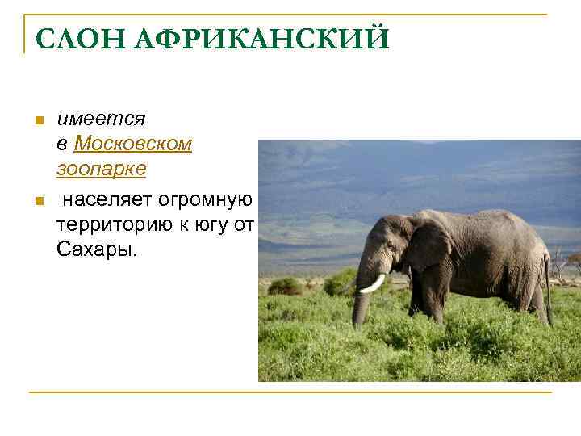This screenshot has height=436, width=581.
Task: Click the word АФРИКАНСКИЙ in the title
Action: pos(256,38)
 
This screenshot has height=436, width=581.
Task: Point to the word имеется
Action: pos(101,119)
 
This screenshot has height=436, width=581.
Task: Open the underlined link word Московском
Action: pos(133,145)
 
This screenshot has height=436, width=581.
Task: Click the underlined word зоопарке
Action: pos(101,170)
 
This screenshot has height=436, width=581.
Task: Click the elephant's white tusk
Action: pos(373,283)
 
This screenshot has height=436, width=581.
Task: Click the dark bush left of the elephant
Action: pos(284,286)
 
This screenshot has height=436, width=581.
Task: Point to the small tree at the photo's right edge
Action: pos(572,262)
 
